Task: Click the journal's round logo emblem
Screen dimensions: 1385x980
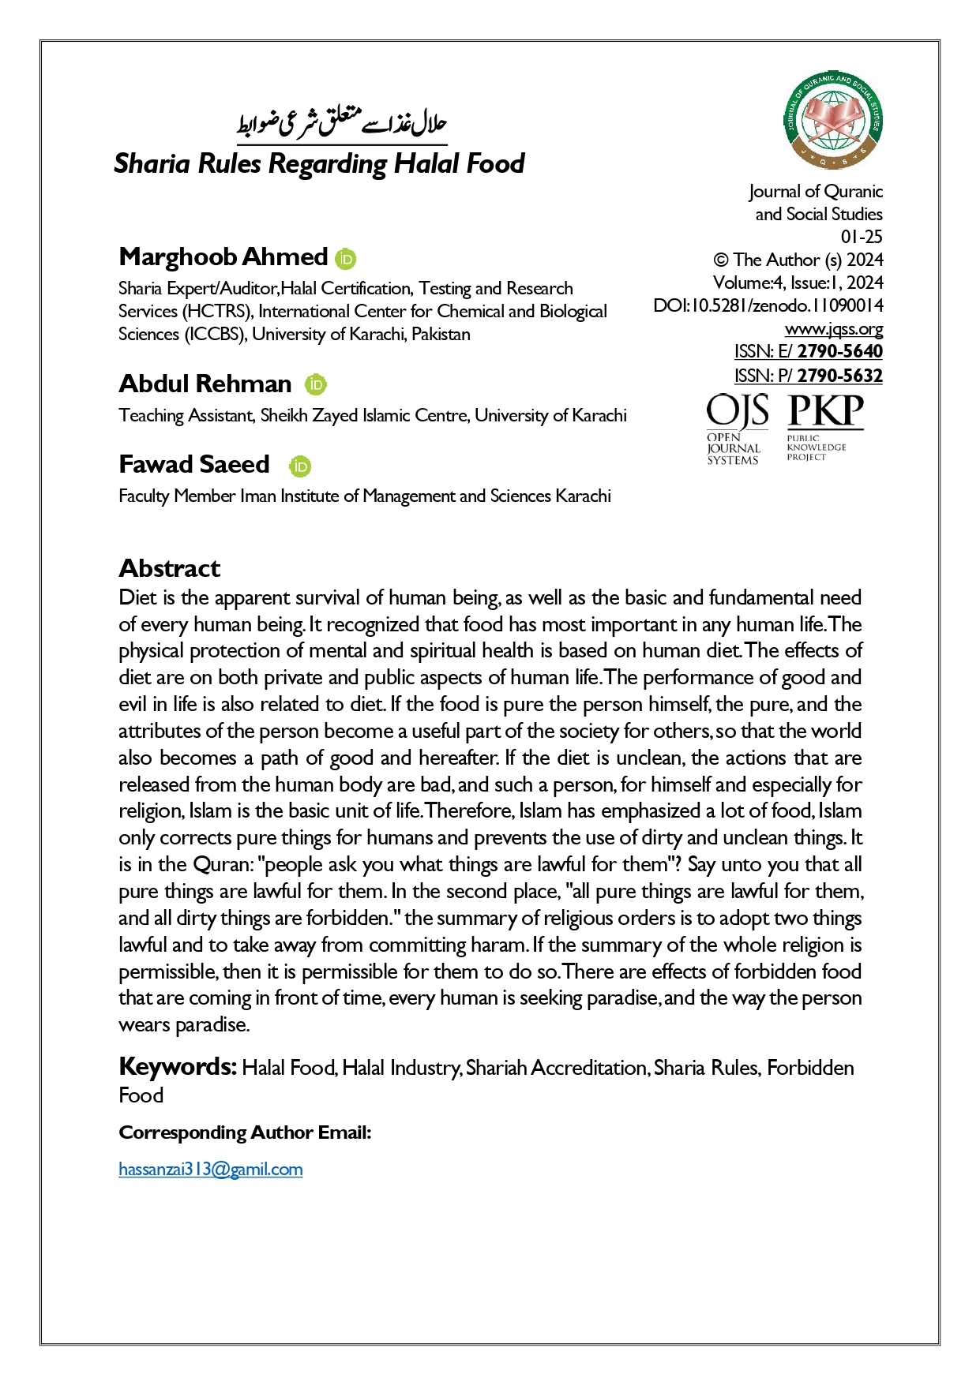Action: click(x=833, y=119)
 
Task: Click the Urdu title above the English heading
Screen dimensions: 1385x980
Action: click(x=342, y=124)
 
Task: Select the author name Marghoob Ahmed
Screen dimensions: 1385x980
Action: click(x=223, y=256)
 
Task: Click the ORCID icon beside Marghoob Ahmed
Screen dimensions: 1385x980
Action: click(x=345, y=258)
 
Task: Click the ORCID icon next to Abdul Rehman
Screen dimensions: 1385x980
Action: click(x=316, y=384)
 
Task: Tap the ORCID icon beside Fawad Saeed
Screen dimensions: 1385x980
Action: click(x=300, y=466)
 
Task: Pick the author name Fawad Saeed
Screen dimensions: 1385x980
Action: click(x=194, y=464)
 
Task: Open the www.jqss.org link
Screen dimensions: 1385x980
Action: click(x=833, y=328)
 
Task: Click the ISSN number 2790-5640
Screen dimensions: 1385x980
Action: click(x=839, y=351)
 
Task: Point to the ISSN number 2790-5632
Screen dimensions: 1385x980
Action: click(x=839, y=376)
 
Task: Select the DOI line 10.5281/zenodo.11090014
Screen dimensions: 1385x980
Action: click(x=768, y=305)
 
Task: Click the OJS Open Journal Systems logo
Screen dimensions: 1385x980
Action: click(x=736, y=429)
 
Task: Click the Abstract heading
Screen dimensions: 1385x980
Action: click(x=169, y=568)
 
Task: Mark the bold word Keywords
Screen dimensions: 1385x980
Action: click(x=177, y=1067)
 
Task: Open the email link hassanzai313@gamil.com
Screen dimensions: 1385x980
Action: click(x=211, y=1169)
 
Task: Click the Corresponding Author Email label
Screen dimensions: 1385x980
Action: click(x=245, y=1132)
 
